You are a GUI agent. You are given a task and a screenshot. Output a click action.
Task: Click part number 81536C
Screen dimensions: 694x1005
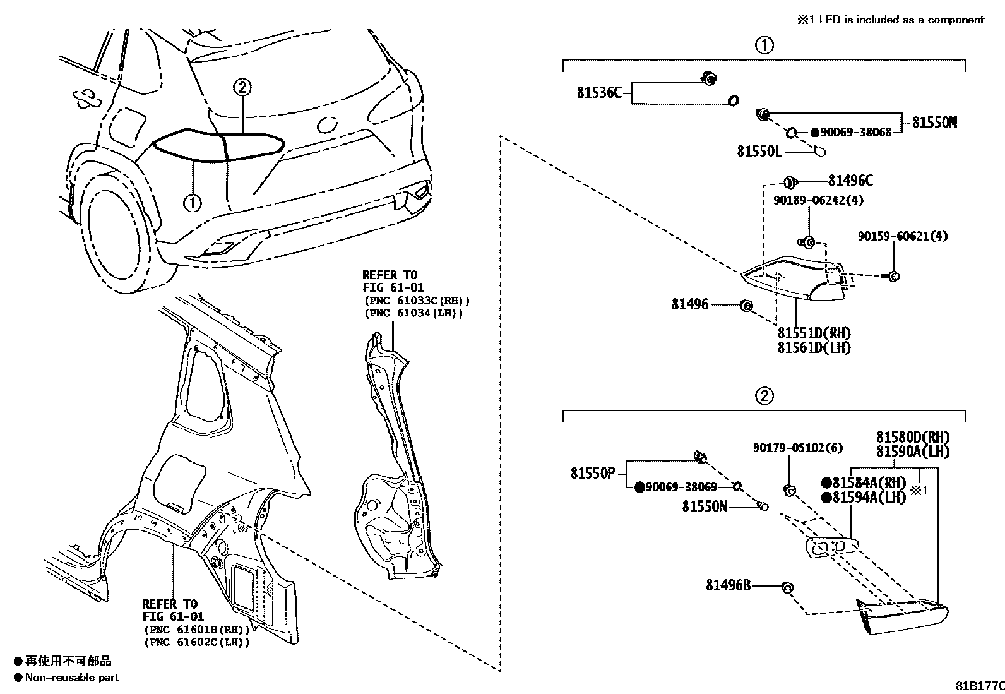pyautogui.click(x=599, y=93)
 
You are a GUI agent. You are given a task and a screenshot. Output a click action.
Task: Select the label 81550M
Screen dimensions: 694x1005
pyautogui.click(x=934, y=123)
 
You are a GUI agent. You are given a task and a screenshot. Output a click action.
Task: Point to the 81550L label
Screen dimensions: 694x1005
pyautogui.click(x=759, y=152)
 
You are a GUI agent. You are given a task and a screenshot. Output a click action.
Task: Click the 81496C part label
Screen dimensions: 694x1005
pyautogui.click(x=850, y=181)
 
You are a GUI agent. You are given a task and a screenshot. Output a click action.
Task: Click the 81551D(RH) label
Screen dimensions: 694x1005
pyautogui.click(x=814, y=333)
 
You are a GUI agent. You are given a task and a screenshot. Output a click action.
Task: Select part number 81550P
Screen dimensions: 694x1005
pyautogui.click(x=592, y=473)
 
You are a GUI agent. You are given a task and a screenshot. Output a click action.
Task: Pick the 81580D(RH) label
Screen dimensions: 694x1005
pyautogui.click(x=912, y=437)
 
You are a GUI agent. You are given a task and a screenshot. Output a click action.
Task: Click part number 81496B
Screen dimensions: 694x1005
pyautogui.click(x=728, y=585)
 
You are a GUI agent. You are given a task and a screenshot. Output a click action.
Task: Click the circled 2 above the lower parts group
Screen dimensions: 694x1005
pyautogui.click(x=764, y=396)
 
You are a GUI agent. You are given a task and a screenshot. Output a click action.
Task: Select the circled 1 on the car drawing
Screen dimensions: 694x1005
pyautogui.click(x=192, y=203)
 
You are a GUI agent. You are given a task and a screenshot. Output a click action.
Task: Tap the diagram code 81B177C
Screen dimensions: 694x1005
pyautogui.click(x=978, y=685)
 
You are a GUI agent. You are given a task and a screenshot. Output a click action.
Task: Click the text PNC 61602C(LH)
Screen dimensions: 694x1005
pyautogui.click(x=197, y=642)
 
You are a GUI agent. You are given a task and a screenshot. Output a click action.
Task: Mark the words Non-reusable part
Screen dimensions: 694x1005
pyautogui.click(x=72, y=678)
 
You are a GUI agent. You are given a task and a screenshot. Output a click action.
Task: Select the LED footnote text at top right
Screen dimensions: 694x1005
pyautogui.click(x=891, y=20)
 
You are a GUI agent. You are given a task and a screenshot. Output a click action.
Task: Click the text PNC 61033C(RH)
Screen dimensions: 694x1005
pyautogui.click(x=417, y=301)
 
